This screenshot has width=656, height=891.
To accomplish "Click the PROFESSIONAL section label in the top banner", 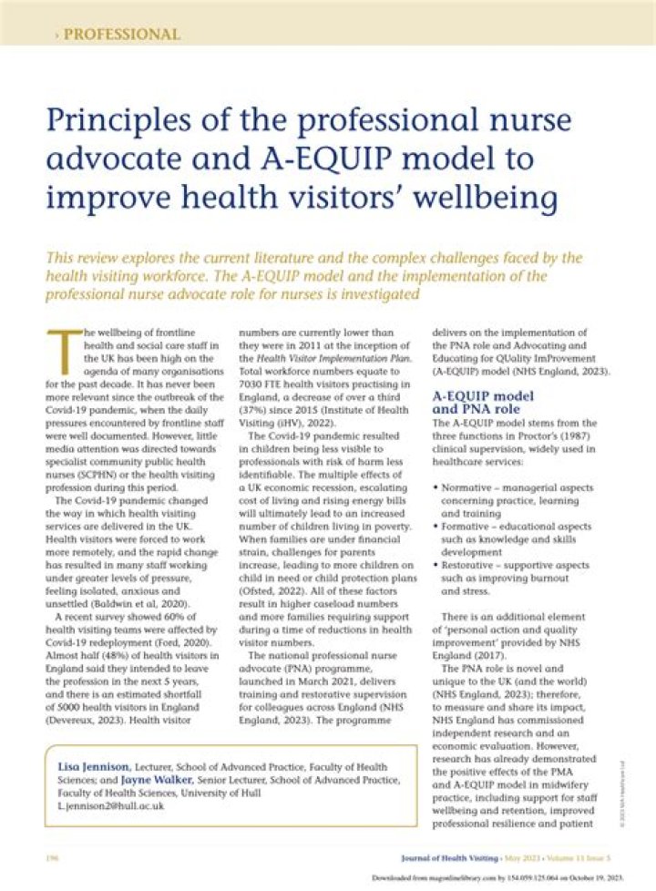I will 121,35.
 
